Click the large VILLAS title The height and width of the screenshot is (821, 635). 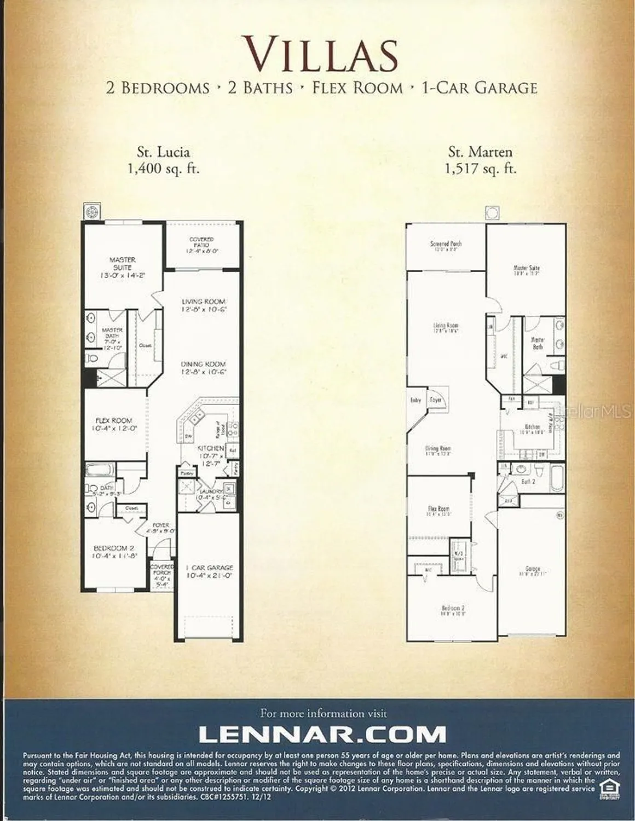pos(321,53)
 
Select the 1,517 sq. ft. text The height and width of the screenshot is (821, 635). pos(481,169)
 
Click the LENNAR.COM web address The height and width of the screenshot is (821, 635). pos(322,733)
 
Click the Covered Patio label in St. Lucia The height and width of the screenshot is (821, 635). pos(202,245)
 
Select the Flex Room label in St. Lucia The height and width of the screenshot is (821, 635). pos(114,425)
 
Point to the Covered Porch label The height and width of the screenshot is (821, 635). pos(162,575)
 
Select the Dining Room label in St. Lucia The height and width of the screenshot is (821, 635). pos(204,368)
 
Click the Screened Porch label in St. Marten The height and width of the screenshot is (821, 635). pos(446,246)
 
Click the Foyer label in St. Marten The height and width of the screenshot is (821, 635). pos(436,400)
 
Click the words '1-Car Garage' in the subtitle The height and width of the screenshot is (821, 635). pos(479,88)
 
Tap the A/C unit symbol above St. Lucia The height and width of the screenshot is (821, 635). pos(90,211)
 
